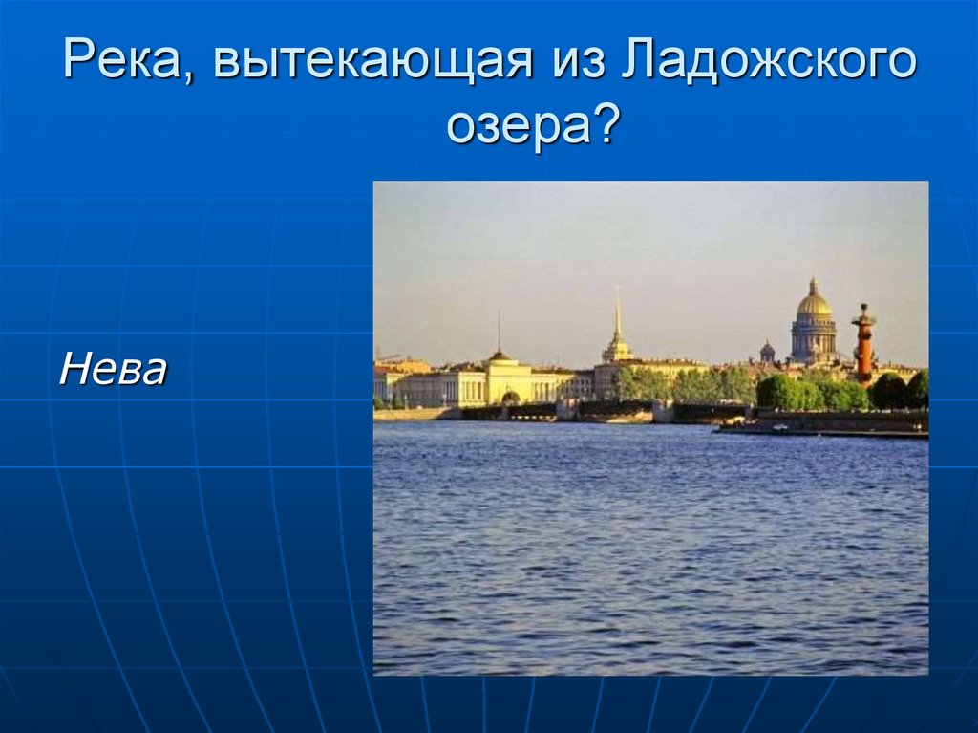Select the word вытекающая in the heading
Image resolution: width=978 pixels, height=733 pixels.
(373, 60)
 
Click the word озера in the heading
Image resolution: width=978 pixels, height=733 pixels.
(518, 127)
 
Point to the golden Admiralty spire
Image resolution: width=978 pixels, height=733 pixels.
(618, 321)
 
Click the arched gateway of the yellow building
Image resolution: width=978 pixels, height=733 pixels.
(510, 398)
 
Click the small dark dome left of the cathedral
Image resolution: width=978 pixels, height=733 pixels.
(767, 351)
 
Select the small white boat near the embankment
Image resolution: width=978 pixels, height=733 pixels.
(780, 428)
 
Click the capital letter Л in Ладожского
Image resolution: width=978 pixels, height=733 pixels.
(638, 60)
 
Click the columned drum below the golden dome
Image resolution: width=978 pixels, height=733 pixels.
(814, 337)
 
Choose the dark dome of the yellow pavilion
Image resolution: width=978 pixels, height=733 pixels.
(499, 356)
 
